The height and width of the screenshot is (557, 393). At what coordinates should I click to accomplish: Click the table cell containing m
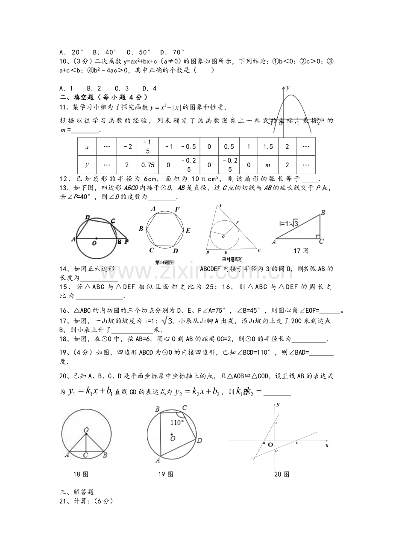[x=268, y=165]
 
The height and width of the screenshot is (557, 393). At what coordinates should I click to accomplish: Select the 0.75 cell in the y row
[x=147, y=165]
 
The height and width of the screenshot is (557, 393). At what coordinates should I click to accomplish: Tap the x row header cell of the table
[x=87, y=147]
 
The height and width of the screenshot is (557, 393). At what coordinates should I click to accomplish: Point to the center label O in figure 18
[x=86, y=430]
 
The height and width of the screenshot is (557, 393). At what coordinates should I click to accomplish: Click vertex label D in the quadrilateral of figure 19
[x=199, y=440]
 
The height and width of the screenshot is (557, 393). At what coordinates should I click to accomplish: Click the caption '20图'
[x=282, y=474]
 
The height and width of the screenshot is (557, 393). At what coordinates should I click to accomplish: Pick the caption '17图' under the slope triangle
[x=301, y=251]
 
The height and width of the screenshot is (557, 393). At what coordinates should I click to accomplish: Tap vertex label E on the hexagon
[x=188, y=231]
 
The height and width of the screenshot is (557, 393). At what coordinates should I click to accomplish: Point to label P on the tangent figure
[x=126, y=241]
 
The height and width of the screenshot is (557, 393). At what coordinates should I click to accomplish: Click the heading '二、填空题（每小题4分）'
[x=103, y=97]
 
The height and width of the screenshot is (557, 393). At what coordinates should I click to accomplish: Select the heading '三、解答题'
[x=76, y=492]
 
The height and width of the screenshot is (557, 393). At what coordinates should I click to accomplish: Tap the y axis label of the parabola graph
[x=288, y=87]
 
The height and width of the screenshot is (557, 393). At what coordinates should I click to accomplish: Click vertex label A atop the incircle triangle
[x=220, y=206]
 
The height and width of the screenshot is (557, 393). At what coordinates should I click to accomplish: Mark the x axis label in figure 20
[x=327, y=445]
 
